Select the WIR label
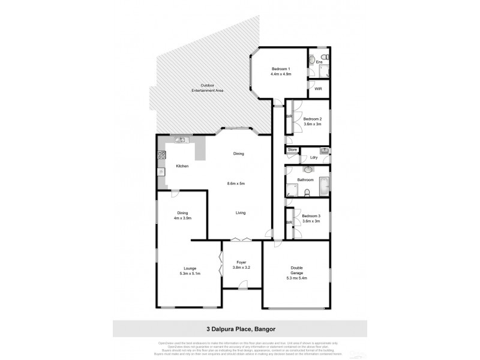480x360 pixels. (318, 89)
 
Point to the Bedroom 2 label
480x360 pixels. (311, 118)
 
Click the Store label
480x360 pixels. (292, 149)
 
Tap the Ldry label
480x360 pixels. (314, 158)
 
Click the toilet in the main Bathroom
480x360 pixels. (307, 192)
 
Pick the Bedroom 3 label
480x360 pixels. (311, 216)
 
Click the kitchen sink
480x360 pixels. (181, 140)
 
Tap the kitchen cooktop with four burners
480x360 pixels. (161, 156)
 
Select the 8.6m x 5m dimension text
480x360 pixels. (236, 183)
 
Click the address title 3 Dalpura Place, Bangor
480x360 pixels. (239, 329)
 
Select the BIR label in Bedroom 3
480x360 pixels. (289, 223)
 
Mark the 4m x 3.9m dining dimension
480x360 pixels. (183, 218)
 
